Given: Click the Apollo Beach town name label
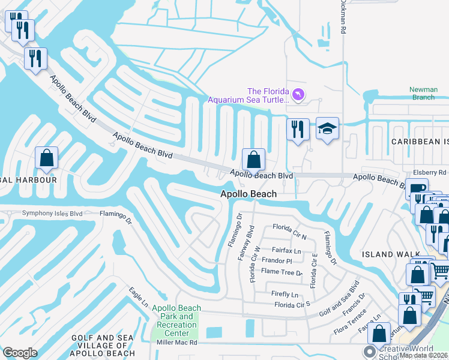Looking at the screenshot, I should (x=249, y=194).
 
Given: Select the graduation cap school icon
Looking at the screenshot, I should (x=327, y=128).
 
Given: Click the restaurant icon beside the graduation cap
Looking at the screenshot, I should (x=298, y=128).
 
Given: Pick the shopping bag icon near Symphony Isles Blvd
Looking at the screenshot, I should (x=46, y=158).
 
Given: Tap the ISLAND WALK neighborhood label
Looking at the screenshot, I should (x=391, y=254).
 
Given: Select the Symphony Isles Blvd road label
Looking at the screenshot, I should (x=52, y=213).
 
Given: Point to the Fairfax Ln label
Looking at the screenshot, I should (x=286, y=251).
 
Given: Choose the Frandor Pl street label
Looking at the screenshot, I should (x=277, y=261).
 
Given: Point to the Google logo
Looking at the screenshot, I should (x=20, y=353).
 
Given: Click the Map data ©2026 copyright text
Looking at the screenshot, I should (x=423, y=355).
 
